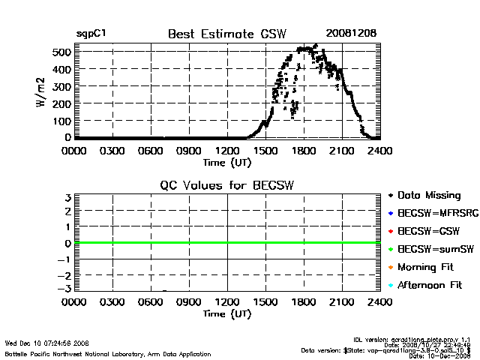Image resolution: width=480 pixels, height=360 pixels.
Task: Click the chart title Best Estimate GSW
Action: click(227, 34)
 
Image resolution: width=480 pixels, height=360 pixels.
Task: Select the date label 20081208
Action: click(351, 34)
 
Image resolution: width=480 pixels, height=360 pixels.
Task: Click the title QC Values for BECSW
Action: click(227, 185)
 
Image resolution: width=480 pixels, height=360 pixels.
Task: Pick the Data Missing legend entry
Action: click(428, 195)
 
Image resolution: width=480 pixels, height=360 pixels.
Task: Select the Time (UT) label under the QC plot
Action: click(227, 313)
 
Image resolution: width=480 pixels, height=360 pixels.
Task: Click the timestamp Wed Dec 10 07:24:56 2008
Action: click(46, 343)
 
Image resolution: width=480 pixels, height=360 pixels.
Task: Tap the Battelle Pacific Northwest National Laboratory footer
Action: click(108, 353)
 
